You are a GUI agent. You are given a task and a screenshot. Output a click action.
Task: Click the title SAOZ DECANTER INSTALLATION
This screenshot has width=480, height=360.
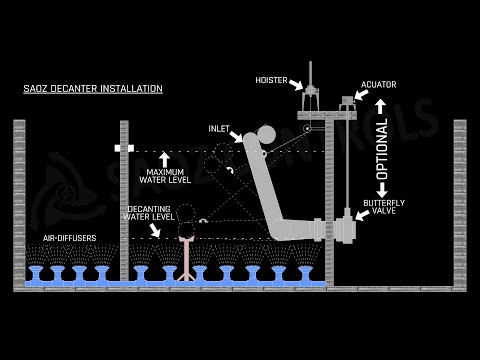click(93, 89)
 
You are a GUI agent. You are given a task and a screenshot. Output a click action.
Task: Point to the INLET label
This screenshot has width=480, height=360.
click(219, 129)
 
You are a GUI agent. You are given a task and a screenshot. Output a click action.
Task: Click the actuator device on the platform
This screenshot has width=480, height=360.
click(347, 102)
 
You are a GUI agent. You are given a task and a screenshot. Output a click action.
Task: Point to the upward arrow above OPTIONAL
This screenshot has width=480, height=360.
click(382, 106)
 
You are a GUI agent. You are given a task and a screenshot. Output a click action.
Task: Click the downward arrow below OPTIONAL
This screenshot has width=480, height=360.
click(382, 191)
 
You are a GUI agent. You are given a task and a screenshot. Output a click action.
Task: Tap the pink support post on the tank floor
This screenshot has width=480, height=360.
click(185, 259)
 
